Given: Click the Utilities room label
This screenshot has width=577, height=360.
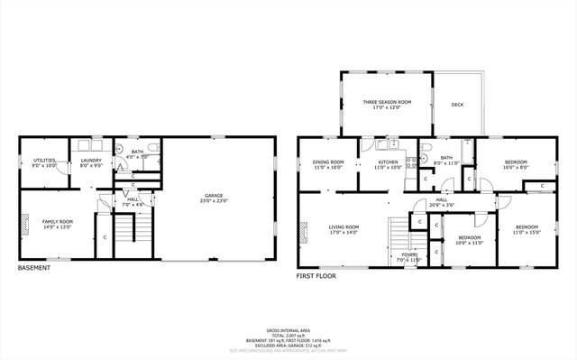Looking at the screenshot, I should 44,162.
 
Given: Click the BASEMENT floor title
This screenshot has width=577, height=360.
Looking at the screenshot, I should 34,267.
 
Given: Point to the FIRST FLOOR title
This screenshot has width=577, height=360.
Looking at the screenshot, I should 316,276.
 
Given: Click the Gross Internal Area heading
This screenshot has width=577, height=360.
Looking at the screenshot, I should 288,330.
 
